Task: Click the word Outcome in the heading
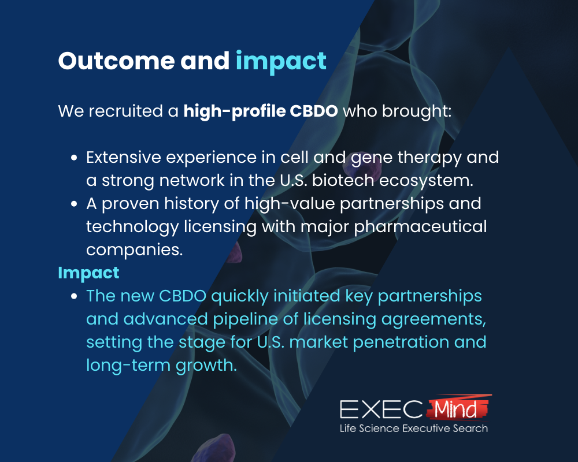coord(117,61)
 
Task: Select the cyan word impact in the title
coord(281,62)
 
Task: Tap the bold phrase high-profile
coord(235,111)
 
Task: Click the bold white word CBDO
coord(314,111)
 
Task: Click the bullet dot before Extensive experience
coord(74,158)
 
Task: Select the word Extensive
coord(124,157)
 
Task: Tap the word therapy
coord(429,158)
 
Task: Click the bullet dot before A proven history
coord(74,204)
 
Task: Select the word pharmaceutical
coord(420,228)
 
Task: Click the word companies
coord(135,250)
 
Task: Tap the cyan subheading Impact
coord(88,273)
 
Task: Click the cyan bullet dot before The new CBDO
coord(74,296)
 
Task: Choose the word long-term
coord(128,366)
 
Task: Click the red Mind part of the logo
coord(457,408)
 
